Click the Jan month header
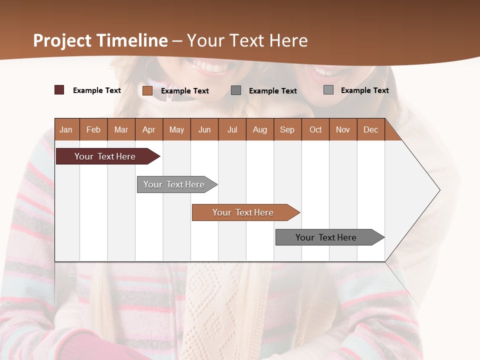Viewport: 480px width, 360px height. point(66,129)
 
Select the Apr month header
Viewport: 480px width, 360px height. point(148,129)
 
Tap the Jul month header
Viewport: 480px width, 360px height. point(232,129)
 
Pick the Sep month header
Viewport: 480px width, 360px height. point(287,129)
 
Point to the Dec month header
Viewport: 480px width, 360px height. point(370,129)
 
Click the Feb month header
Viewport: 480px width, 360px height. point(93,129)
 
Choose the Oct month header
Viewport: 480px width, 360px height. point(315,129)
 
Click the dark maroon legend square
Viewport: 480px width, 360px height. point(59,90)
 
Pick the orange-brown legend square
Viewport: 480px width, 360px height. point(147,90)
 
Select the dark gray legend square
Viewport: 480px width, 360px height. point(236,90)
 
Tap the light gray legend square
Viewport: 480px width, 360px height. point(328,90)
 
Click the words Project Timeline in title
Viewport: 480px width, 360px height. point(100,40)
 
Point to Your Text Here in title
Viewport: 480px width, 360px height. point(247,40)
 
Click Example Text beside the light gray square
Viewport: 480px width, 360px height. point(364,90)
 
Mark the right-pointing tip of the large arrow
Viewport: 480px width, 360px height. point(438,190)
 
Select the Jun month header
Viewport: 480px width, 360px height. point(204,129)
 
